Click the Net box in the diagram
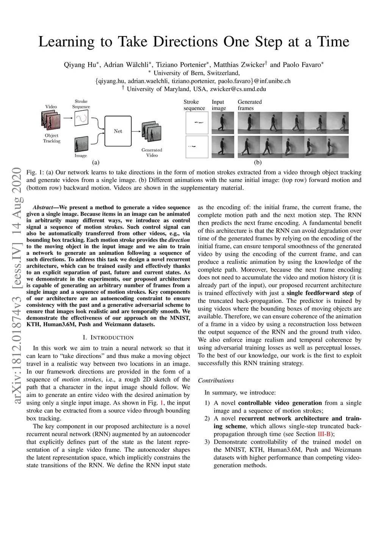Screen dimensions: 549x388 coord(118,131)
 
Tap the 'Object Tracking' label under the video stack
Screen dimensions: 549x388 coord(52,138)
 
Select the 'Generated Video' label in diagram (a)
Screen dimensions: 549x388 coord(152,152)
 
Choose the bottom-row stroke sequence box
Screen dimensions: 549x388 coord(197,147)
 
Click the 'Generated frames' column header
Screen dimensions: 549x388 coord(249,105)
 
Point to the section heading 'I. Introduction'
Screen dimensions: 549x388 coord(108,337)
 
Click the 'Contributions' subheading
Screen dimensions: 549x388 coord(216,380)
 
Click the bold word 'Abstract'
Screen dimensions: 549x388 coord(43,207)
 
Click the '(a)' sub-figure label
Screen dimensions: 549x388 coord(96,162)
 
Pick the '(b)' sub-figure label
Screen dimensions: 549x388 coord(258,162)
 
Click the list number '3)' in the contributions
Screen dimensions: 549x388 coord(207,442)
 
